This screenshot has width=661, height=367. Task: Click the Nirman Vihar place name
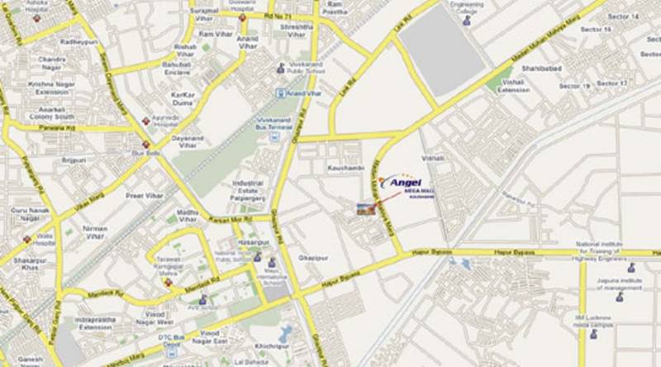click(x=96, y=231)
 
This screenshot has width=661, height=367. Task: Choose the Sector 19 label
click(x=573, y=86)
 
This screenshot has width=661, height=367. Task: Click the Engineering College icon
click(x=468, y=24)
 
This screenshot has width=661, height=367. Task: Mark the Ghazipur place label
click(x=315, y=257)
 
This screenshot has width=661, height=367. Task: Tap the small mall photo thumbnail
click(x=364, y=209)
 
